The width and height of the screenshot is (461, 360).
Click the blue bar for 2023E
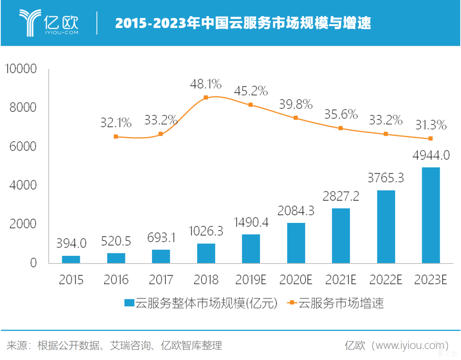click(430, 215)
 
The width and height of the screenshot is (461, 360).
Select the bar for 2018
click(206, 253)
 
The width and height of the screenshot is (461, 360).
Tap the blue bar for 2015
click(71, 259)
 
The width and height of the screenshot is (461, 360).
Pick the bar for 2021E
click(341, 235)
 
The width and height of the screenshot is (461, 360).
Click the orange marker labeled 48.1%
click(206, 97)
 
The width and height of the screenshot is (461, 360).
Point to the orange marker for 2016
click(116, 137)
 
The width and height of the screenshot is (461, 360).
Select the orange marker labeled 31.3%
click(430, 138)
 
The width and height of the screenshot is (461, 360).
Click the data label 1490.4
click(251, 222)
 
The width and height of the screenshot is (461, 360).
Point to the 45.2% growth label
click(251, 91)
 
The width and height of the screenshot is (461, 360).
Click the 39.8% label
click(296, 104)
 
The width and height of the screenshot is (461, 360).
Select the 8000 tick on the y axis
click(23, 108)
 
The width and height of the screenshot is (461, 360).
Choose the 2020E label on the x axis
click(296, 280)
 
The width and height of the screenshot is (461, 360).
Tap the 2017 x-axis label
click(161, 280)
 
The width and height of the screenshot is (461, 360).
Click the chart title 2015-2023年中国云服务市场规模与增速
click(242, 23)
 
